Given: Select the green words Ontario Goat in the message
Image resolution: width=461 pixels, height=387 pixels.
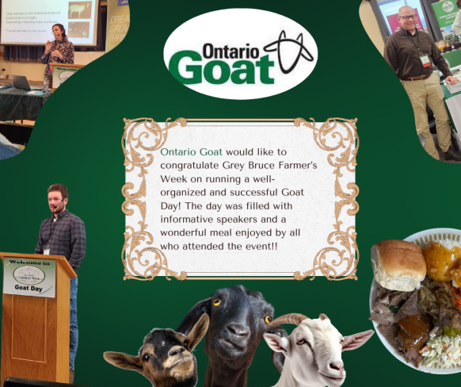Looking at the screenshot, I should click(192, 151).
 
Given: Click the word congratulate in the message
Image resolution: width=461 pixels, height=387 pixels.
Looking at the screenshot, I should click(196, 166).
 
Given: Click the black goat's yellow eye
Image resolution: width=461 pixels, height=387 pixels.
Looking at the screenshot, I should click(216, 303).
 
